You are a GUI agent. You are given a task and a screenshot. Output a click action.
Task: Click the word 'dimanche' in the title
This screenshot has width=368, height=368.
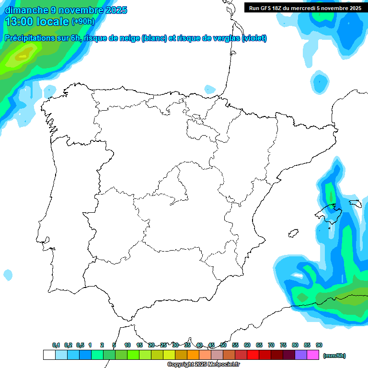pyautogui.click(x=26, y=10)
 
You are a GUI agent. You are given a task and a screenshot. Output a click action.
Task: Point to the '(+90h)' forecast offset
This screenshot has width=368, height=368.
pyautogui.click(x=83, y=21)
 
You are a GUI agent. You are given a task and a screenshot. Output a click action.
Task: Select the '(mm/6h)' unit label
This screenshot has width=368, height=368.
pyautogui.click(x=334, y=356)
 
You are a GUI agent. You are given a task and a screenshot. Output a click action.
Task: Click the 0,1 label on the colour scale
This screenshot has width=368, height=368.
pyautogui.click(x=56, y=345)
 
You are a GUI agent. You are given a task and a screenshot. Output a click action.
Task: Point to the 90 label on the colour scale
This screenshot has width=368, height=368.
pyautogui.click(x=319, y=345)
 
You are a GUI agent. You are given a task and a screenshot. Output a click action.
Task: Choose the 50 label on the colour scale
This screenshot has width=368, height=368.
pyautogui.click(x=223, y=345)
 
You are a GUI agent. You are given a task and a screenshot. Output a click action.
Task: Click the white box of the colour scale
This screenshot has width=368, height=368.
pyautogui.click(x=49, y=355)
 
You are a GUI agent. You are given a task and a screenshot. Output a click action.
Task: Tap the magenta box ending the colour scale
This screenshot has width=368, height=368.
pyautogui.click(x=313, y=355)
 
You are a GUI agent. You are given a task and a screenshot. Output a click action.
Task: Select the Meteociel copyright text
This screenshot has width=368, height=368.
pyautogui.click(x=203, y=365)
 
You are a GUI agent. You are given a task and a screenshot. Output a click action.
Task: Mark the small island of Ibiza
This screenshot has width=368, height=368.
pyautogui.click(x=293, y=233)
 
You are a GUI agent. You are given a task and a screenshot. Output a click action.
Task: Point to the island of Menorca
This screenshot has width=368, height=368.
pyautogui.click(x=355, y=203)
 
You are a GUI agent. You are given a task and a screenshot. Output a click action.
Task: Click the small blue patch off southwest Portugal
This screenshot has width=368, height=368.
pyautogui.click(x=8, y=275)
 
